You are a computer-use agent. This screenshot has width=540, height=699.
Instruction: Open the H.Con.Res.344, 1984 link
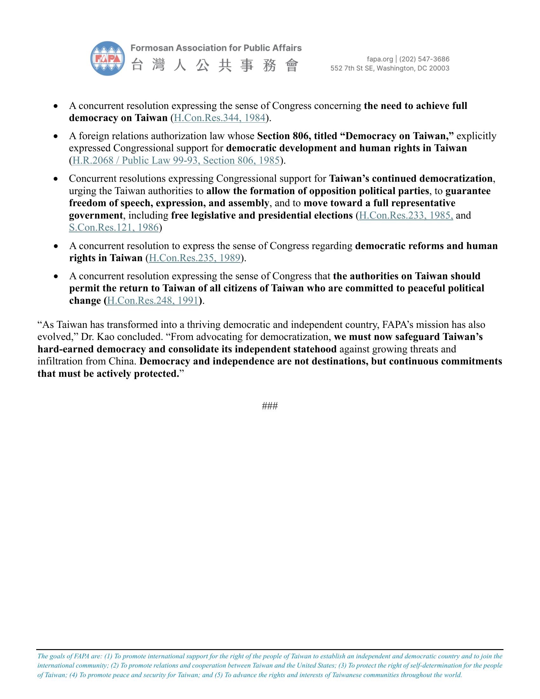[219, 118]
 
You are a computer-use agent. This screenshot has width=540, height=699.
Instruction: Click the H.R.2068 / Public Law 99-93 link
[176, 160]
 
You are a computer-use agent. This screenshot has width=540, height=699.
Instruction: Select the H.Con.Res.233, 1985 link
[406, 215]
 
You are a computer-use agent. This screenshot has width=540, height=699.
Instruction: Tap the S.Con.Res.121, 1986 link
[114, 227]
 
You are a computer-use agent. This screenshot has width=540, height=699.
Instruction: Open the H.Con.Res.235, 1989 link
[194, 258]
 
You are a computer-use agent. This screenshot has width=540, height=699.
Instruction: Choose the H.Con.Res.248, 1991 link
[152, 301]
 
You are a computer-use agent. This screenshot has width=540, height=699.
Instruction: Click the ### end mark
[270, 406]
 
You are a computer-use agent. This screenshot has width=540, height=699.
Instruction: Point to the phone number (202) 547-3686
[424, 59]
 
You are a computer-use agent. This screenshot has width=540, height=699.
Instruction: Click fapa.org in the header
[380, 59]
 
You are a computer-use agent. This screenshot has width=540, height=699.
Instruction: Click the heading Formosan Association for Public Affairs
[216, 48]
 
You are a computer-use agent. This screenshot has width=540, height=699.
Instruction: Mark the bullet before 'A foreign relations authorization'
[56, 136]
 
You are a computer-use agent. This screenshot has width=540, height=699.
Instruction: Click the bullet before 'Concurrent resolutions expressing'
[56, 179]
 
